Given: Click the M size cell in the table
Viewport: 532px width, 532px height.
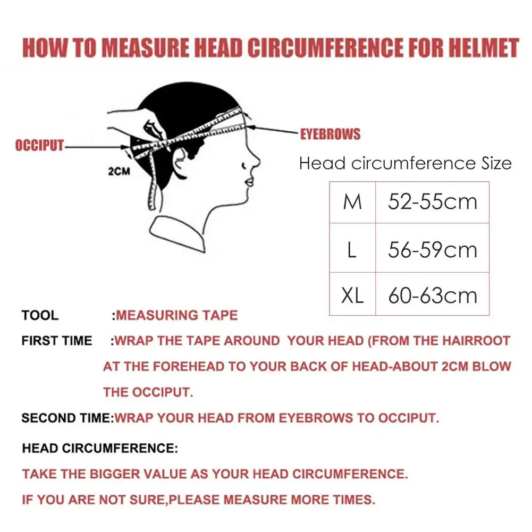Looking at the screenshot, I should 352,202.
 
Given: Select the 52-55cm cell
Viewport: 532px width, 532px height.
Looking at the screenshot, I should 433,202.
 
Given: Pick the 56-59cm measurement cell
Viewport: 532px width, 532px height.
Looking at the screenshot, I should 433,250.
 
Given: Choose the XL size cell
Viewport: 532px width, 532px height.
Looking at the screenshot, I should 352,295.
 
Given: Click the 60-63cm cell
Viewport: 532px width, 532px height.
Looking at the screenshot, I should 433,295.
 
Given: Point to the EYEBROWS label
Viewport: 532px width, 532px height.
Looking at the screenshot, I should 330,134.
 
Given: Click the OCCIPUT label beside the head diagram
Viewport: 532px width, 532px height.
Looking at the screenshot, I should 39,146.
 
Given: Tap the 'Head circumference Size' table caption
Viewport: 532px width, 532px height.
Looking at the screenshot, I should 405,163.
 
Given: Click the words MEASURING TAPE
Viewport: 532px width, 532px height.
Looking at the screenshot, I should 177,315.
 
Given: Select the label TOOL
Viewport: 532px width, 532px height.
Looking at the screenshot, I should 40,315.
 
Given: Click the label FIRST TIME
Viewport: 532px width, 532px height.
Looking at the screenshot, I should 56,341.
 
